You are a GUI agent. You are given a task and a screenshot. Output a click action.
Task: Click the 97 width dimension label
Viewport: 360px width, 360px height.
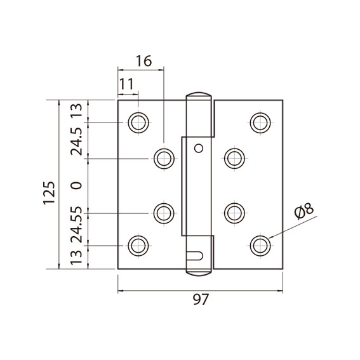(x=201, y=299)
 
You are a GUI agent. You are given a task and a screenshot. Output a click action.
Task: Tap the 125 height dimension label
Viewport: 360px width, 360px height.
(x=49, y=193)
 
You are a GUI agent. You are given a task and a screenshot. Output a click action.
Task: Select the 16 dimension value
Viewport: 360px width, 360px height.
(x=144, y=61)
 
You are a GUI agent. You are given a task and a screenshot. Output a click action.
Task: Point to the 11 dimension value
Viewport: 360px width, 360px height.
(x=126, y=84)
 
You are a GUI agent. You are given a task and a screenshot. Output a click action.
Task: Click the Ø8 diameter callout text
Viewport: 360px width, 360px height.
(x=303, y=211)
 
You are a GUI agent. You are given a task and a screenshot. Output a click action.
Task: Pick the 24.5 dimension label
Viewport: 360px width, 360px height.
(x=76, y=142)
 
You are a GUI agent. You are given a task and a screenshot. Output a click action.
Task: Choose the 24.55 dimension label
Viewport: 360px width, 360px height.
(x=76, y=225)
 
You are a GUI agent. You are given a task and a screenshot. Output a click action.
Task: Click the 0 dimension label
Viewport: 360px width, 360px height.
(x=76, y=185)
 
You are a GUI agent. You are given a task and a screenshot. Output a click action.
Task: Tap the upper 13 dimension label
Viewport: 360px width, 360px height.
(x=76, y=110)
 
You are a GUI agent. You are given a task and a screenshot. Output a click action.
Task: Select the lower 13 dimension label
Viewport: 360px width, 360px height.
(x=76, y=257)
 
